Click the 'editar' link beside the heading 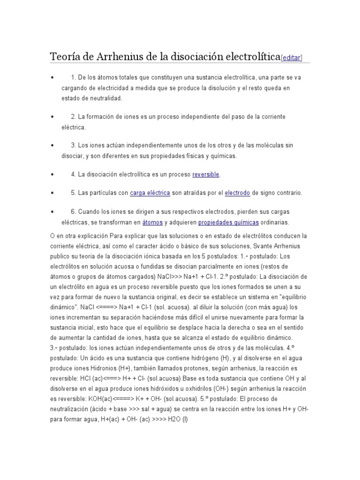point(292,58)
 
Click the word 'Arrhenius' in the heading point(119,57)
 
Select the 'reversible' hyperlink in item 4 point(206,174)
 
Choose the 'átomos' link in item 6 point(152,222)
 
